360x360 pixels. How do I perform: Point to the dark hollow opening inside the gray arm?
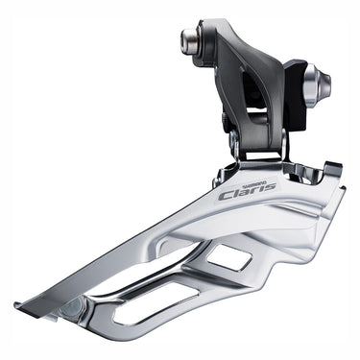point(253,101)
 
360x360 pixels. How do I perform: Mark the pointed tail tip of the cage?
point(19,308)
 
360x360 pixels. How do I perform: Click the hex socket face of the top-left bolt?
point(185,41)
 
